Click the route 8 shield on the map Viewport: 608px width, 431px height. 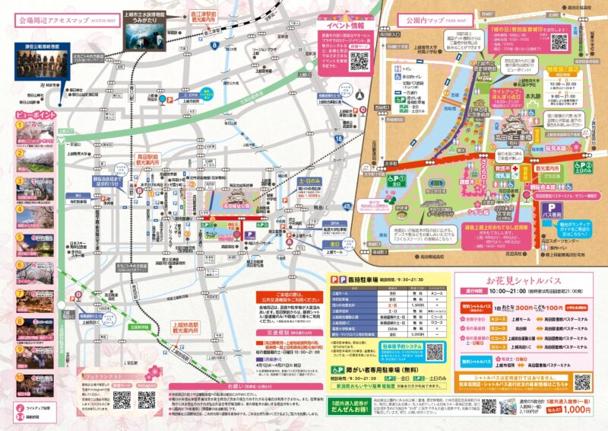click(215, 46)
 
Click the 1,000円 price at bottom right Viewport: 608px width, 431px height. click(579, 409)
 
